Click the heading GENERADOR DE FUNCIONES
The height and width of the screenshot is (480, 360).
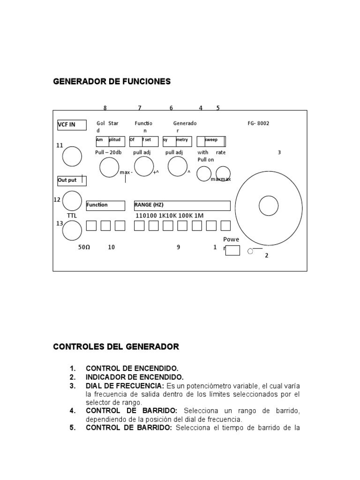[112, 82]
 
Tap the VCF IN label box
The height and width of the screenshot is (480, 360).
[72, 125]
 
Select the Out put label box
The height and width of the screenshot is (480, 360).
[72, 180]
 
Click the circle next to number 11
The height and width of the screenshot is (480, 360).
[72, 156]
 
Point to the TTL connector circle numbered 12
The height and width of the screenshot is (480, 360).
[72, 201]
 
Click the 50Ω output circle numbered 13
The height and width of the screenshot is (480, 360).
[72, 231]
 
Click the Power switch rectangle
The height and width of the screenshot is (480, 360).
[232, 250]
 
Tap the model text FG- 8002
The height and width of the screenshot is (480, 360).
[258, 124]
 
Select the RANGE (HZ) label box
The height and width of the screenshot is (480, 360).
[182, 206]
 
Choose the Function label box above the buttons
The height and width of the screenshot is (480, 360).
[105, 206]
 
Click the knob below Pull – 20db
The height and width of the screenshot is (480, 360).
[109, 167]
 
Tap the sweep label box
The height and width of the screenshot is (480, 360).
[211, 141]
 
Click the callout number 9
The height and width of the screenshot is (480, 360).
[179, 247]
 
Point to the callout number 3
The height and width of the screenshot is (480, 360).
[279, 152]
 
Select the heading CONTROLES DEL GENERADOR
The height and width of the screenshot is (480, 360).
[116, 347]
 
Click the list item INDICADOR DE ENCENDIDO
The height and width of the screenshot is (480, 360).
[135, 377]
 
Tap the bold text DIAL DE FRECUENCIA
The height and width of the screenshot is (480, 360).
[125, 386]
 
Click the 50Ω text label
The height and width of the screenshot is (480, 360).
[84, 247]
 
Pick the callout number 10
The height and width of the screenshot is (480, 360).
[112, 247]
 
